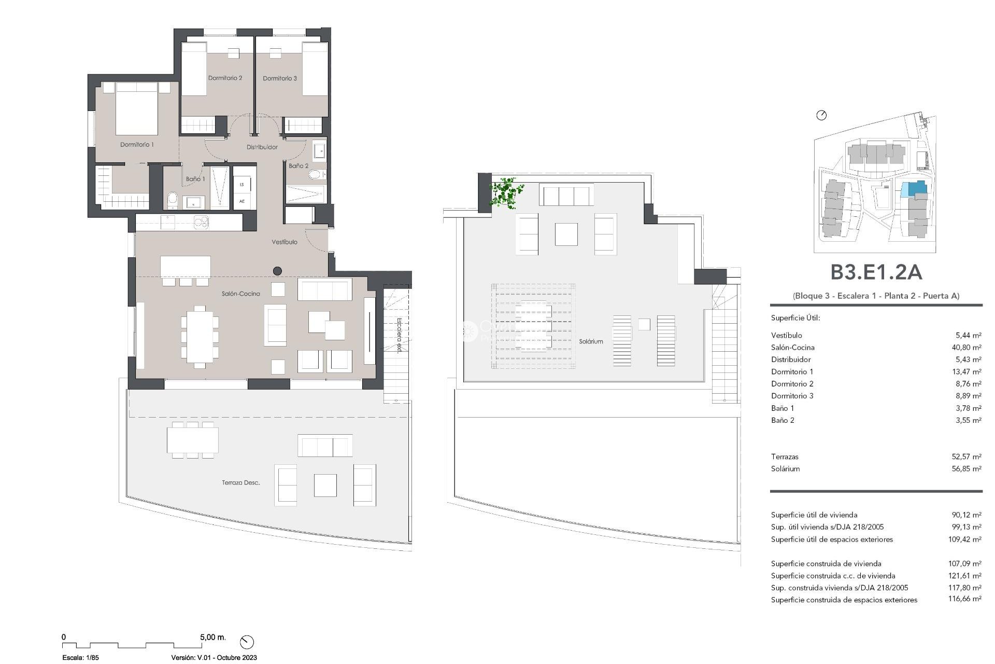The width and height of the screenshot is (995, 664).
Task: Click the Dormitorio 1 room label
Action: pos(137,145)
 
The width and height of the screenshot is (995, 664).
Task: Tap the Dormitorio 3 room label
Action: pos(280,78)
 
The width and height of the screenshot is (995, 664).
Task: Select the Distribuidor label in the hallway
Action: pos(262,147)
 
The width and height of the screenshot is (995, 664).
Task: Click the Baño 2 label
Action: pos(298,166)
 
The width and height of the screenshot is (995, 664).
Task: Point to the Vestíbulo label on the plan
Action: pos(285,242)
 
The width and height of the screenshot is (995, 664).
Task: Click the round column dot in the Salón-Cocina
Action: pos(277,271)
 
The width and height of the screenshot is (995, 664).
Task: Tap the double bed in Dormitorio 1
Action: pos(136,110)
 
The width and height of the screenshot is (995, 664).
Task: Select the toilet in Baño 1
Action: pos(173,200)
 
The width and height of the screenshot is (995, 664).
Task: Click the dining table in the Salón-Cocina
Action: pos(200,335)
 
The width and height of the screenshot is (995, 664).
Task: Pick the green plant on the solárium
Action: pos(505,193)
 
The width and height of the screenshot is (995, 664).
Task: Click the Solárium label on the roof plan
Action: pos(591,342)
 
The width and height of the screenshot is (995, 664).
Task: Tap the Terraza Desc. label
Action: pos(240,483)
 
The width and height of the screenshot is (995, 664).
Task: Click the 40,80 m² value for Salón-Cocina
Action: pos(966,348)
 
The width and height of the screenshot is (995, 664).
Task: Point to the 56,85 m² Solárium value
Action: pos(966,469)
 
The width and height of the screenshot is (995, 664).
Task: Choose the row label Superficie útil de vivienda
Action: pos(814,515)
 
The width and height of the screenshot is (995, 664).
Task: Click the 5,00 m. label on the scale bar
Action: pos(212,637)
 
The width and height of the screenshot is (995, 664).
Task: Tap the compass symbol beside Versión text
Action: pos(247,642)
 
